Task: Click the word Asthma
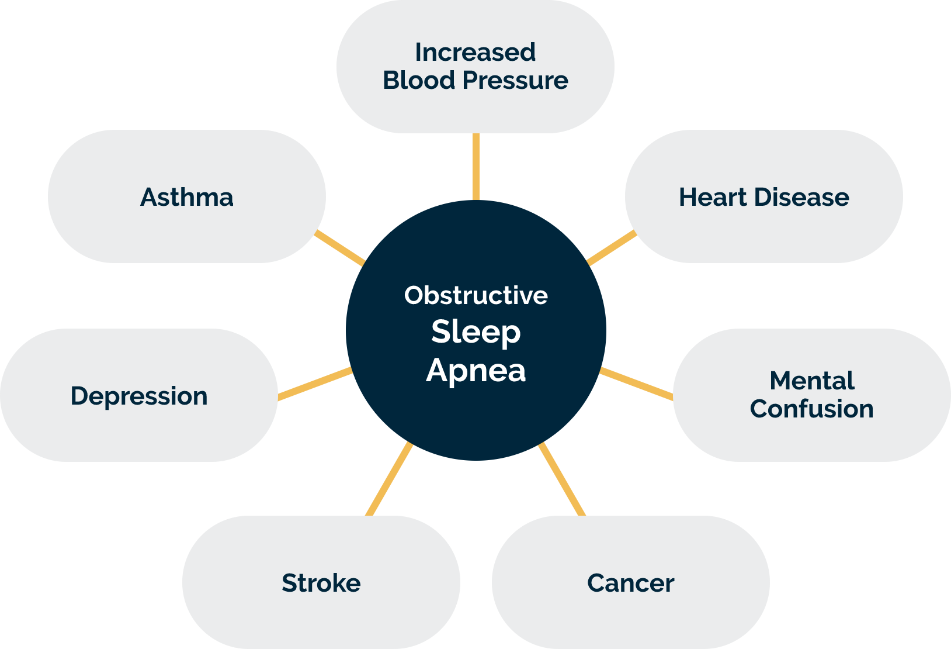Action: coord(187,197)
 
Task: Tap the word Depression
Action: coord(139,396)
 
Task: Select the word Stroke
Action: coord(321,583)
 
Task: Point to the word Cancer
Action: coord(630,583)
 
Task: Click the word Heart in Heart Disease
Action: coord(713,197)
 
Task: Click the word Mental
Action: coord(812,381)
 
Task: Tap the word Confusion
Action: coord(812,409)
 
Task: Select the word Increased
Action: coord(475,52)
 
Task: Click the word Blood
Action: coord(419,80)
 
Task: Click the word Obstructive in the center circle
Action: coord(476,295)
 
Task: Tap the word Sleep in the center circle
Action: coord(476,333)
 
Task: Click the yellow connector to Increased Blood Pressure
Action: coord(476,167)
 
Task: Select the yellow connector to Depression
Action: coord(315,384)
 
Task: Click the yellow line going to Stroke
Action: coord(389,479)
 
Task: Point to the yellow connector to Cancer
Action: coord(562,479)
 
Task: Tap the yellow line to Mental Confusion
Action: coord(636,384)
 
